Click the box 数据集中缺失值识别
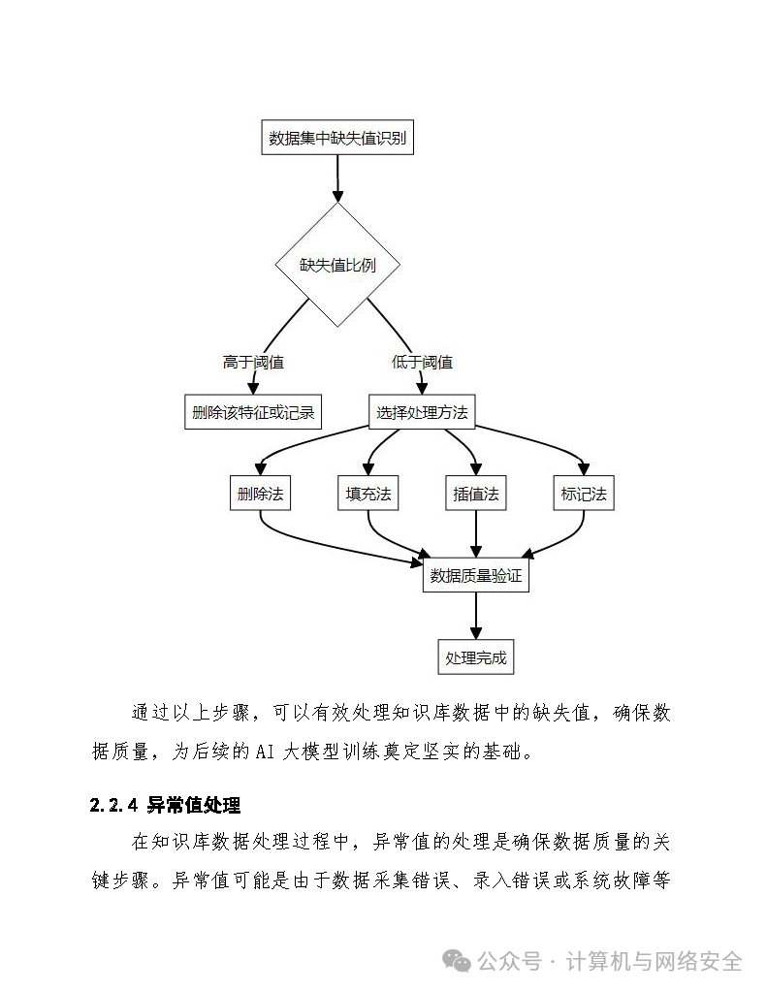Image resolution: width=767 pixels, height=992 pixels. pos(339,139)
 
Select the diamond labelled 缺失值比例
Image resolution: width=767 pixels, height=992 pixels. pos(337,265)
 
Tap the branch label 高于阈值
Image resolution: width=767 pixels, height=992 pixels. pos(253,363)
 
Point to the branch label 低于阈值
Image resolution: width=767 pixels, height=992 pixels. pos(422,363)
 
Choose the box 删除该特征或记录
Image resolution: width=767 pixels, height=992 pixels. pos(253,412)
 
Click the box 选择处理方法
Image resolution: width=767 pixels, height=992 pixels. pos(422,412)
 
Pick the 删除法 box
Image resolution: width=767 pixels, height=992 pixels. pos(260,494)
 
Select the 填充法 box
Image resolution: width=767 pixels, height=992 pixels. pos(368,494)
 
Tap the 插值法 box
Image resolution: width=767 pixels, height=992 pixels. pos(476,494)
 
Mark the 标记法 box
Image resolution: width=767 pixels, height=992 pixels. pos(584,494)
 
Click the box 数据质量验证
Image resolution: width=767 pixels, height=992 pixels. pos(476,576)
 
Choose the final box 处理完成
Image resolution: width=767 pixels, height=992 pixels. pos(476,657)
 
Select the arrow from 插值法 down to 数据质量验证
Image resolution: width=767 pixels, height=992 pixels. pos(476,533)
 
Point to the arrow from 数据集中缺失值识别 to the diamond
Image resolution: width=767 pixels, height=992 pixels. pos(338,177)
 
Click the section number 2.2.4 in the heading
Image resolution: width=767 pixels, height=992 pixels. pos(114,806)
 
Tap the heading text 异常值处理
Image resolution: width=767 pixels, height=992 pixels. pos(194,806)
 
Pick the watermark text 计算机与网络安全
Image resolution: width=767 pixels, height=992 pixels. pos(653,961)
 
